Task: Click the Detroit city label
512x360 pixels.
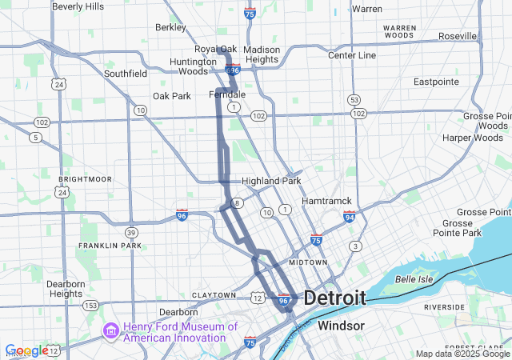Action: [x=334, y=298]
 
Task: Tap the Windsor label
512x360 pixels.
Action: [x=342, y=326]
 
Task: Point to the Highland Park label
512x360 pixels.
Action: [x=271, y=181]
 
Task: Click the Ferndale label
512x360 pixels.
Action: [x=227, y=94]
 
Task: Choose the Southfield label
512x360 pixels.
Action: [x=126, y=74]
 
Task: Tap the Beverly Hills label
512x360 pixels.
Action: [x=78, y=6]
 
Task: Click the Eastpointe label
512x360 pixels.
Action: [x=436, y=82]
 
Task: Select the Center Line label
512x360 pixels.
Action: [x=352, y=55]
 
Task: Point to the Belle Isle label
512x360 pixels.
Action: [x=414, y=279]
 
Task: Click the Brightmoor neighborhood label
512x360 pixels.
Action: [x=85, y=179]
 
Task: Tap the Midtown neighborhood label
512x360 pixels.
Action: [x=308, y=262]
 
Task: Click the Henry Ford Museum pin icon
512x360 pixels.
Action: [x=110, y=330]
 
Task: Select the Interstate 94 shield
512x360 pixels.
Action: [x=349, y=216]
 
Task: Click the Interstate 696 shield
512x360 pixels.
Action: [x=233, y=70]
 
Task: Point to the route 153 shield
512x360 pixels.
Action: [x=91, y=306]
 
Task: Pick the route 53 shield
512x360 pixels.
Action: [x=354, y=99]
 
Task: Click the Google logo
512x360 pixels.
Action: [x=26, y=350]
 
